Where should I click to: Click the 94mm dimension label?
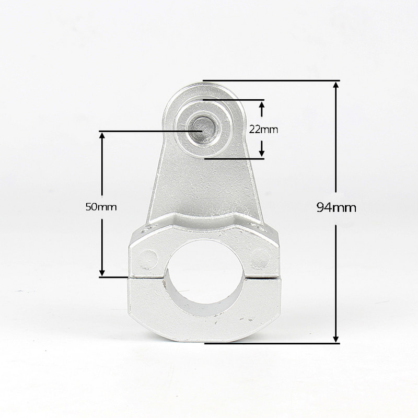point(336,207)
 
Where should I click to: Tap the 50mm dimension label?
point(101,206)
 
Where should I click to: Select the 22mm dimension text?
point(263,130)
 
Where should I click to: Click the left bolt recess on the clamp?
point(149,258)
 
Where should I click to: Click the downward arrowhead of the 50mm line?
point(102,272)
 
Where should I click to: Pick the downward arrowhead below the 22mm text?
point(262,152)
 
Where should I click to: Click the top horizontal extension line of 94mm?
point(271,80)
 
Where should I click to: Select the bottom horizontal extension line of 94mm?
point(272,343)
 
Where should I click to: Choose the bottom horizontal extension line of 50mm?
point(115,277)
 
